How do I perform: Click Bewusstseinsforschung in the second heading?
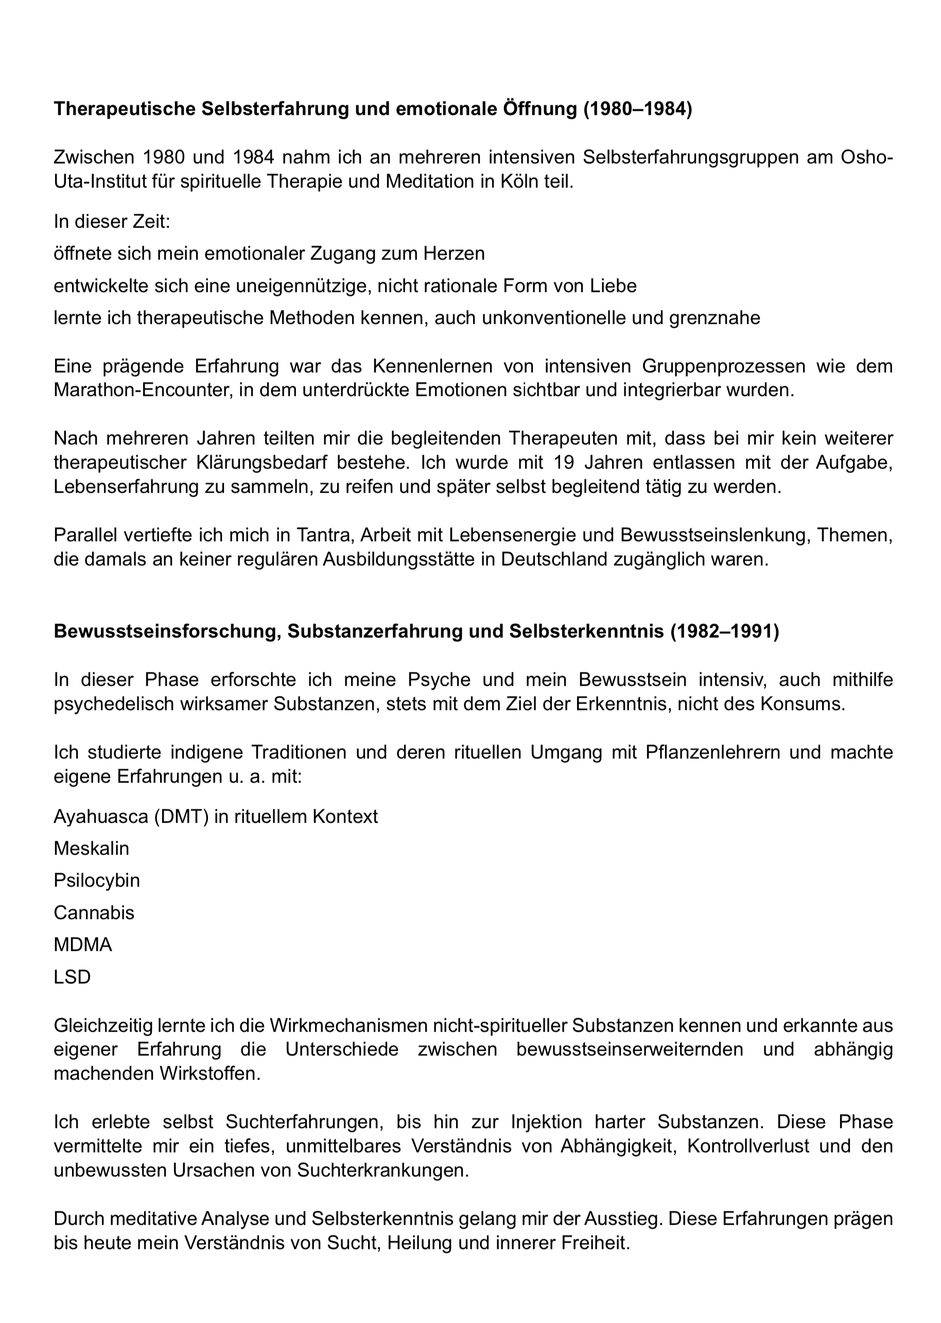(x=167, y=631)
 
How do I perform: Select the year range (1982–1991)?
(x=725, y=631)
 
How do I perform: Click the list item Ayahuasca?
(x=100, y=816)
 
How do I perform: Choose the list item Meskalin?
(x=92, y=848)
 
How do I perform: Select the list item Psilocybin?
(x=97, y=881)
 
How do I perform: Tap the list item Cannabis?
(x=94, y=913)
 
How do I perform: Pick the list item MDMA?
(x=83, y=945)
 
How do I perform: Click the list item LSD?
(x=73, y=977)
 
